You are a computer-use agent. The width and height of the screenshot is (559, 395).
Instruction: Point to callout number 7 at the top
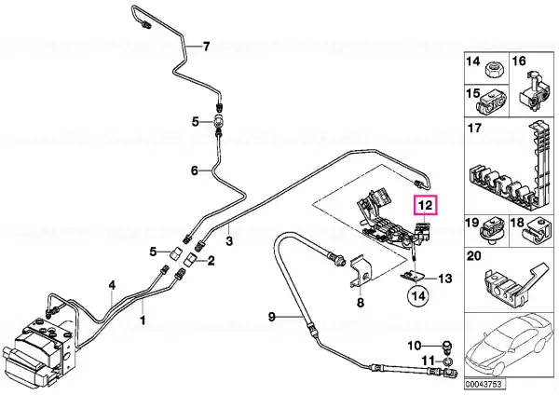[206, 47]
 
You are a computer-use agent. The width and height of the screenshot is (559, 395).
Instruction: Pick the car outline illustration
[509, 345]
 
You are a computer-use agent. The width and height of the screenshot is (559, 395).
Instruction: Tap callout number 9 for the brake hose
[272, 316]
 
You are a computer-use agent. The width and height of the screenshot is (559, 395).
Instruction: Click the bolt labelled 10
[446, 346]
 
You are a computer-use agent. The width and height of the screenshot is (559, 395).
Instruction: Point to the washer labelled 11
[448, 362]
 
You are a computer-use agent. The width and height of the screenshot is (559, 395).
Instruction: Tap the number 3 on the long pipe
[229, 241]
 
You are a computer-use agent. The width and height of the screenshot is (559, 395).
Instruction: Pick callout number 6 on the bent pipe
[195, 170]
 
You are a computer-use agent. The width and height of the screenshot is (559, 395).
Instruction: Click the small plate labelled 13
[413, 276]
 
